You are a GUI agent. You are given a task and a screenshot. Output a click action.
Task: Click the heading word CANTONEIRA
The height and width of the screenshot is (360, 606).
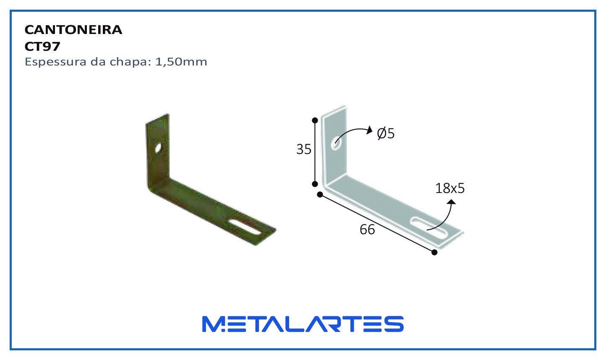tap(73, 30)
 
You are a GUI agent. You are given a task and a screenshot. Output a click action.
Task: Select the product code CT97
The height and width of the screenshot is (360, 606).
tap(42, 47)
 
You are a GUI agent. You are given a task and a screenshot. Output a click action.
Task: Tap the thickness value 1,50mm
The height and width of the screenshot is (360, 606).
tap(181, 62)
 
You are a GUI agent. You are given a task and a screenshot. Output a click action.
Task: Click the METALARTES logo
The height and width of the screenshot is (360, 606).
tap(303, 324)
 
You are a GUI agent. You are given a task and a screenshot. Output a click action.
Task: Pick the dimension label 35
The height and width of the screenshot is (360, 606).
tap(304, 149)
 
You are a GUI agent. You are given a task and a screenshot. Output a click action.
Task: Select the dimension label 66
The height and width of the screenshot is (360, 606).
tap(367, 230)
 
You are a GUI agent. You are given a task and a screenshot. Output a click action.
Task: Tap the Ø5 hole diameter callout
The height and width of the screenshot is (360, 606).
tap(386, 133)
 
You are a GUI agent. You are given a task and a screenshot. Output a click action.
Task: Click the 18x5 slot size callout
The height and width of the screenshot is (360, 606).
tap(450, 188)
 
